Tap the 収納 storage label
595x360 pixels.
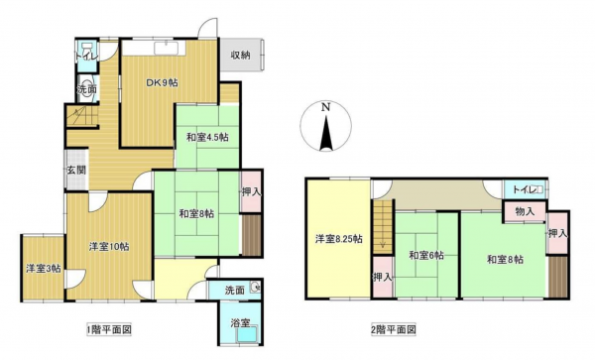240,55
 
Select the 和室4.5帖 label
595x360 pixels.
207,137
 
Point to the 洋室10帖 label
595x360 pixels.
107,245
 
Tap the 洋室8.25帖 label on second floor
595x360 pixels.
338,239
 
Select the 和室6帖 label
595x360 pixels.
423,257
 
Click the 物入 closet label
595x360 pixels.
525,211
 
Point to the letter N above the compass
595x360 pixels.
324,107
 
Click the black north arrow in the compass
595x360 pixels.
324,131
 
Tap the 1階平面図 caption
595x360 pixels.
109,328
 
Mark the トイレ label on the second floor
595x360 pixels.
523,188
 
